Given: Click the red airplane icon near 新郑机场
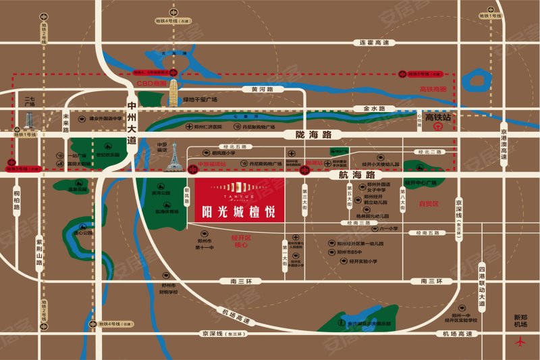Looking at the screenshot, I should coord(520,341).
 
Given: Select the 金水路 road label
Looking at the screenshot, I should coord(373,108).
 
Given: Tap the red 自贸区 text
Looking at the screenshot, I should coord(429,203).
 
